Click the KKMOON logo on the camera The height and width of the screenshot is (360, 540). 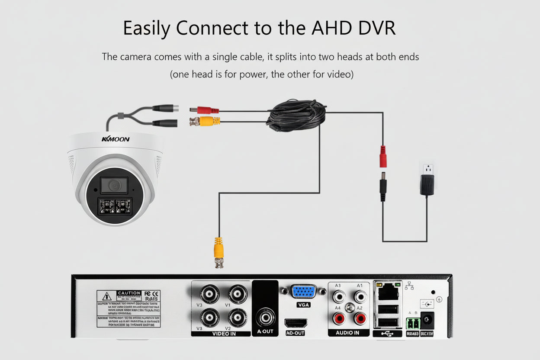(116, 139)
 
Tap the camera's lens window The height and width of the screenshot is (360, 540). (114, 186)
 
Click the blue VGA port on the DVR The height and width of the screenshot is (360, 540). (303, 292)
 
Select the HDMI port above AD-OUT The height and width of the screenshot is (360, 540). (296, 323)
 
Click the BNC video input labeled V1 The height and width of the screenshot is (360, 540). (238, 295)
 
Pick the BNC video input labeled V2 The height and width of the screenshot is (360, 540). (238, 318)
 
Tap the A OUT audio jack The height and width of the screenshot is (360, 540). (265, 318)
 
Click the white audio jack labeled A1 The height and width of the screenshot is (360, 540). (360, 297)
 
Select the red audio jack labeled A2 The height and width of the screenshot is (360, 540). (360, 319)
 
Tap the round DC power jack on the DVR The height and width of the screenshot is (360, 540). (427, 321)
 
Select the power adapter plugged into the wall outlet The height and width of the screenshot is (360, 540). (427, 184)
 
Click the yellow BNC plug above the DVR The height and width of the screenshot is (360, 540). (218, 252)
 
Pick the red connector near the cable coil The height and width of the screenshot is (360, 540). (204, 110)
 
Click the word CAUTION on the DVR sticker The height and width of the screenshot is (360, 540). (129, 293)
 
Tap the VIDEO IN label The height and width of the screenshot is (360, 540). (224, 334)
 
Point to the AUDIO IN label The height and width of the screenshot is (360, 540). (347, 333)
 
